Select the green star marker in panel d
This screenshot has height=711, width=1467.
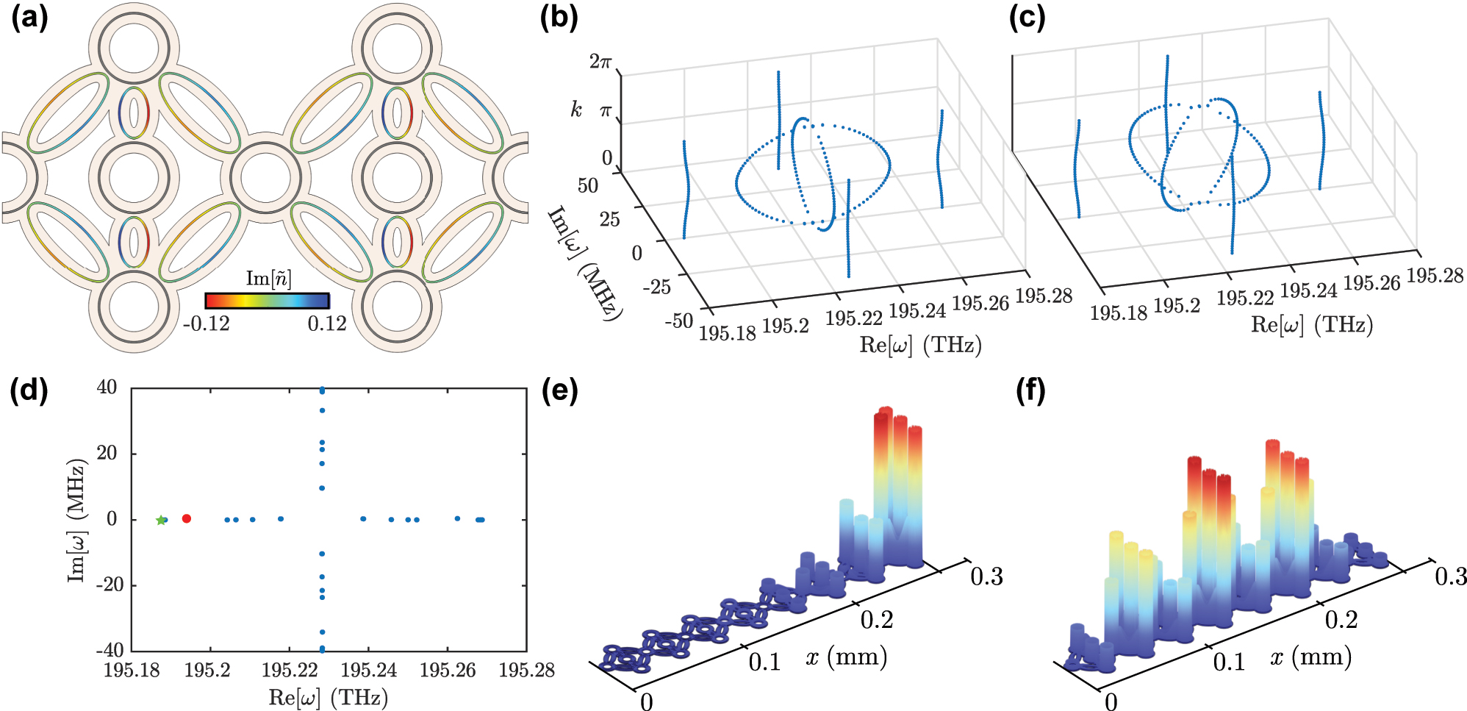pos(161,520)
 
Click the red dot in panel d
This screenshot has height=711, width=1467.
pos(186,518)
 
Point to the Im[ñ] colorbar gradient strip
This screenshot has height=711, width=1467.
pos(267,301)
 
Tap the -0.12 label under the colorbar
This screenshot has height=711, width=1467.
pos(207,324)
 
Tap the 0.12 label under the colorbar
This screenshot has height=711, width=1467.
pos(326,324)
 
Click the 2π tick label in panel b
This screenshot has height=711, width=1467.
pos(600,62)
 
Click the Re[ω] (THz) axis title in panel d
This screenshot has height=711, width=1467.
pos(328,697)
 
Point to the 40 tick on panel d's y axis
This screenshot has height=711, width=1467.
pos(107,387)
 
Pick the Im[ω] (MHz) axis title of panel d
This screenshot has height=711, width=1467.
pos(77,520)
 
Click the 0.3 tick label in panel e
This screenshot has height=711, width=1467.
pos(986,576)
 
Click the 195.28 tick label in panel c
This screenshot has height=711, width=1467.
pos(1435,276)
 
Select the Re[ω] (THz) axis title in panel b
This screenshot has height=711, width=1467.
pos(920,345)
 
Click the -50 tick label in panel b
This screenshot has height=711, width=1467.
pos(678,321)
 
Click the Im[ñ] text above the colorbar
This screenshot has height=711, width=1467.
pos(268,279)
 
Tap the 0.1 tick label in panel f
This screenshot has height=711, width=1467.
pos(1229,662)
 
